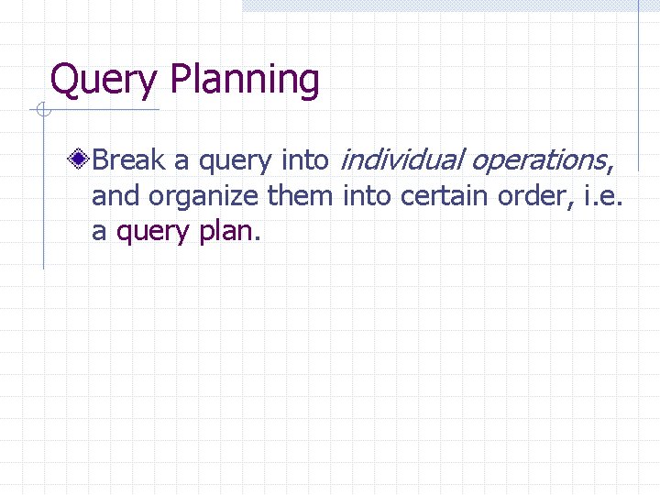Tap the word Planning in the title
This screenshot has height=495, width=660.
pos(245,81)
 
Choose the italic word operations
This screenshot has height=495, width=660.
pos(536,161)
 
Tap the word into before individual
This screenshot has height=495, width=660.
pos(305,161)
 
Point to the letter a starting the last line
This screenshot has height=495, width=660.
pos(98,232)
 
